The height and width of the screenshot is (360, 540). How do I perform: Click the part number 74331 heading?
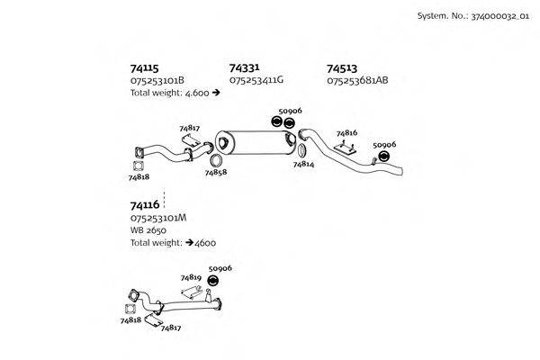(245, 67)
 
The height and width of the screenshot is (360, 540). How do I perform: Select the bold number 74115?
(145, 67)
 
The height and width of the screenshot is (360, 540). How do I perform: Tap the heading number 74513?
(342, 67)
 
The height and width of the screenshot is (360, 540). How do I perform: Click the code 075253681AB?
(357, 80)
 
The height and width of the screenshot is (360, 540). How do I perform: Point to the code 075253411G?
(256, 80)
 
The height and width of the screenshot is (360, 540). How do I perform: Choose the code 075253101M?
(158, 218)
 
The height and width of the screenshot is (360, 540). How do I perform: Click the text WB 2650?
(148, 230)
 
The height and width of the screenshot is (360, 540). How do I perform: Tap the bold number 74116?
(145, 205)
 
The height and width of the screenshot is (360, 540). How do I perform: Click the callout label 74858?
(215, 172)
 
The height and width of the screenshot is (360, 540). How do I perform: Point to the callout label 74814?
(303, 165)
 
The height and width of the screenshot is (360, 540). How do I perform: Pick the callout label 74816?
(346, 132)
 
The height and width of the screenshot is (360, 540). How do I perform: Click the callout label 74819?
(190, 278)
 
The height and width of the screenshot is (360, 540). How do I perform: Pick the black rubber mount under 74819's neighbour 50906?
(214, 280)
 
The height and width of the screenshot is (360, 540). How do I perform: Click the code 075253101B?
(157, 80)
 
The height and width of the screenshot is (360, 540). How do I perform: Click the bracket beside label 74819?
(191, 292)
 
